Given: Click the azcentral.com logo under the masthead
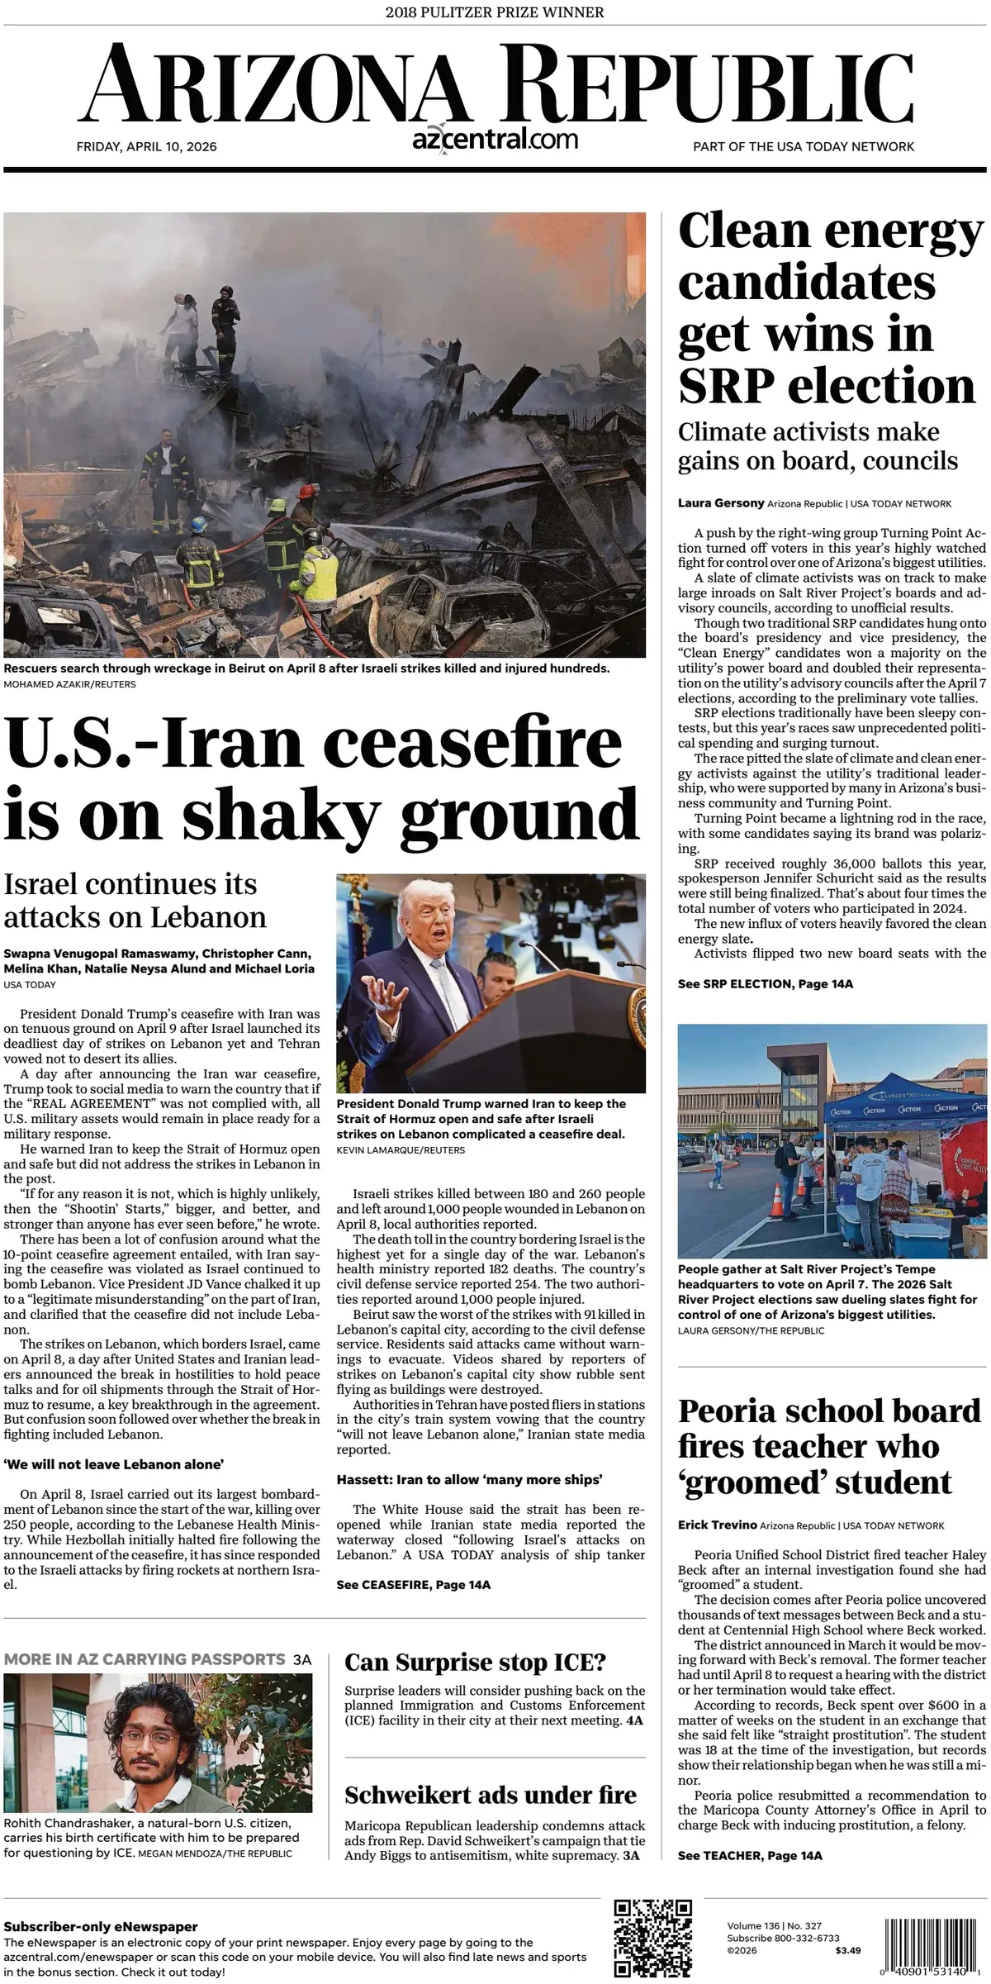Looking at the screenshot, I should (495, 139).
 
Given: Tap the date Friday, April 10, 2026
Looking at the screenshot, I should (146, 146).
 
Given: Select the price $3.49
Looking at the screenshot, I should (847, 1950).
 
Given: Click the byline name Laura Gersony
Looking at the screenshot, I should (720, 503).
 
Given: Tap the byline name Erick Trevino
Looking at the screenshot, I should (717, 1525).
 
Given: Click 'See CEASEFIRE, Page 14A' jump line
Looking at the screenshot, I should (413, 1584).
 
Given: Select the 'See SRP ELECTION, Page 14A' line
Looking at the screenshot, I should (765, 983).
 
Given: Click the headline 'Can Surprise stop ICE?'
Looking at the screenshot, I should (475, 1662).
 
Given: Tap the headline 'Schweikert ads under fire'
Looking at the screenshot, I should (490, 1794).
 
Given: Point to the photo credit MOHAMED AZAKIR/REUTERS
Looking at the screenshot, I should (69, 684).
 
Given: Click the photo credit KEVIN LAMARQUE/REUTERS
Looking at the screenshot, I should (401, 1149).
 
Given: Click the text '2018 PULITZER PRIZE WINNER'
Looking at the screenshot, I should (495, 12).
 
